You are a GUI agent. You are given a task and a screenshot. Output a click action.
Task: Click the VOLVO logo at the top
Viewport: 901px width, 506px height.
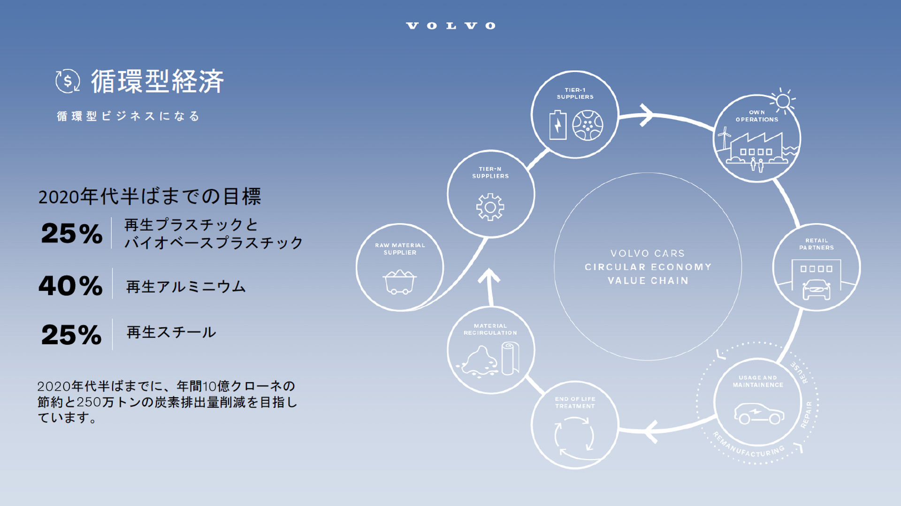click(450, 26)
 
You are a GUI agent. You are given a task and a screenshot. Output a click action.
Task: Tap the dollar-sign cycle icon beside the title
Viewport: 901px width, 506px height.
click(68, 81)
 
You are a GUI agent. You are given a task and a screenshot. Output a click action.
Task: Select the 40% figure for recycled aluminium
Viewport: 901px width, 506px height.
click(70, 285)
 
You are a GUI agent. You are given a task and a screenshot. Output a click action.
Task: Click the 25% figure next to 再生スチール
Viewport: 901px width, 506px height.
click(71, 335)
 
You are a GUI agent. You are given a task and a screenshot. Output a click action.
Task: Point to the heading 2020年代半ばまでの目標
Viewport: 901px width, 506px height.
click(149, 196)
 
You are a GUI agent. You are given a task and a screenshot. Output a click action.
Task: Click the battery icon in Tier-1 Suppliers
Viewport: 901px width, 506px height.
click(557, 125)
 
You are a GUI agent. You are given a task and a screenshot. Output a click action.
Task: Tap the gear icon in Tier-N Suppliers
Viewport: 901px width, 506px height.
click(490, 207)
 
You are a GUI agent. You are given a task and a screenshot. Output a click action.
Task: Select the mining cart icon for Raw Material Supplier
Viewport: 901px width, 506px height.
click(399, 281)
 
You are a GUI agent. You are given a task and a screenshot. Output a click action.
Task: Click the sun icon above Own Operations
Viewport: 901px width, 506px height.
click(783, 101)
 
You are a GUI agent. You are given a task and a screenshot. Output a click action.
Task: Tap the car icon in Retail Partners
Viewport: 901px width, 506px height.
click(817, 290)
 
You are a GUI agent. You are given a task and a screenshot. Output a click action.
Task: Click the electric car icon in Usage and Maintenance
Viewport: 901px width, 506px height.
click(758, 413)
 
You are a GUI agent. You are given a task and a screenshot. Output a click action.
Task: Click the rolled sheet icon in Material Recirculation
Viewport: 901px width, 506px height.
click(510, 358)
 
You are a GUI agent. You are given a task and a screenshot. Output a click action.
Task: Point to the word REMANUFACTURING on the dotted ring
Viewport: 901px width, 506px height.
click(748, 446)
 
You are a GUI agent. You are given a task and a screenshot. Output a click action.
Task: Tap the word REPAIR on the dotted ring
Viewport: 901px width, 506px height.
click(807, 415)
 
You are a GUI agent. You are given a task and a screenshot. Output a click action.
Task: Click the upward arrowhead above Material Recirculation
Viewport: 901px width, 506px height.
click(489, 277)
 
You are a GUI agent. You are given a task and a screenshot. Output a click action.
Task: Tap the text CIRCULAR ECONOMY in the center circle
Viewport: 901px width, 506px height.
click(648, 267)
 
